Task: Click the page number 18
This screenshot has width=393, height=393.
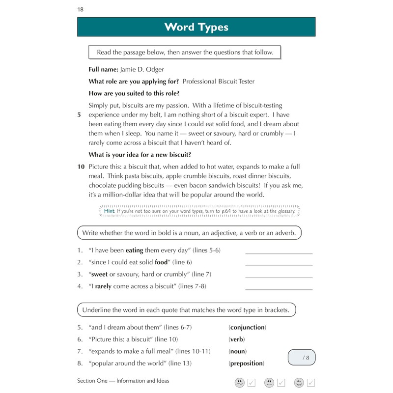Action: pos(81,10)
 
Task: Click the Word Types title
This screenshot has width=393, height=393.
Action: pos(196,27)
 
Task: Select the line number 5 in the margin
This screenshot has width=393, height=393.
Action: pos(79,115)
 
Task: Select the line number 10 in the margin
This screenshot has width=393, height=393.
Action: pos(81,167)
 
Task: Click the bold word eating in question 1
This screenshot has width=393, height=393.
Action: pos(134,250)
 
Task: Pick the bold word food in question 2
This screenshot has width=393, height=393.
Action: pos(161,262)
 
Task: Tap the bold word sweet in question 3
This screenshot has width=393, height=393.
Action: pos(99,274)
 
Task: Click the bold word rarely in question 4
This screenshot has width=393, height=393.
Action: pos(103,286)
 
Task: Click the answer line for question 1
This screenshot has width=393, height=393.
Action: pos(279,253)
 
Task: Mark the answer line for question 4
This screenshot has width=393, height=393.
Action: pos(279,289)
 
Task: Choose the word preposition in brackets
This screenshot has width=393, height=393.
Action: pos(246,364)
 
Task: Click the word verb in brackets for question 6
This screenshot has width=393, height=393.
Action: pos(236,339)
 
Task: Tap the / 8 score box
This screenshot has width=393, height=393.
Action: pos(302,357)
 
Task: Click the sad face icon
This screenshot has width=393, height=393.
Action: pos(239,382)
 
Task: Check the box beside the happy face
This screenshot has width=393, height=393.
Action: pos(310,382)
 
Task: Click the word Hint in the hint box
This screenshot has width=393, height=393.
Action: pos(109,211)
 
